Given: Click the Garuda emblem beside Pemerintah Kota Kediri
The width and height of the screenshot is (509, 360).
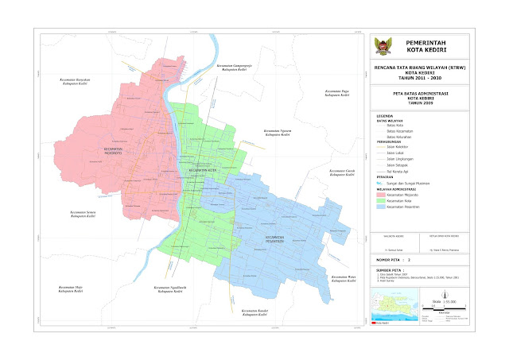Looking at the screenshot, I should [x=385, y=47].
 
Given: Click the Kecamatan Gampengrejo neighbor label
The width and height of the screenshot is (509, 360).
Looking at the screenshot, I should [x=237, y=66].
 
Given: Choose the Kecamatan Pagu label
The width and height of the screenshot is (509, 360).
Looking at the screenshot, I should [x=338, y=93].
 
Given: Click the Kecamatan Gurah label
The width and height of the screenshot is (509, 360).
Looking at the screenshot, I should [x=343, y=172].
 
